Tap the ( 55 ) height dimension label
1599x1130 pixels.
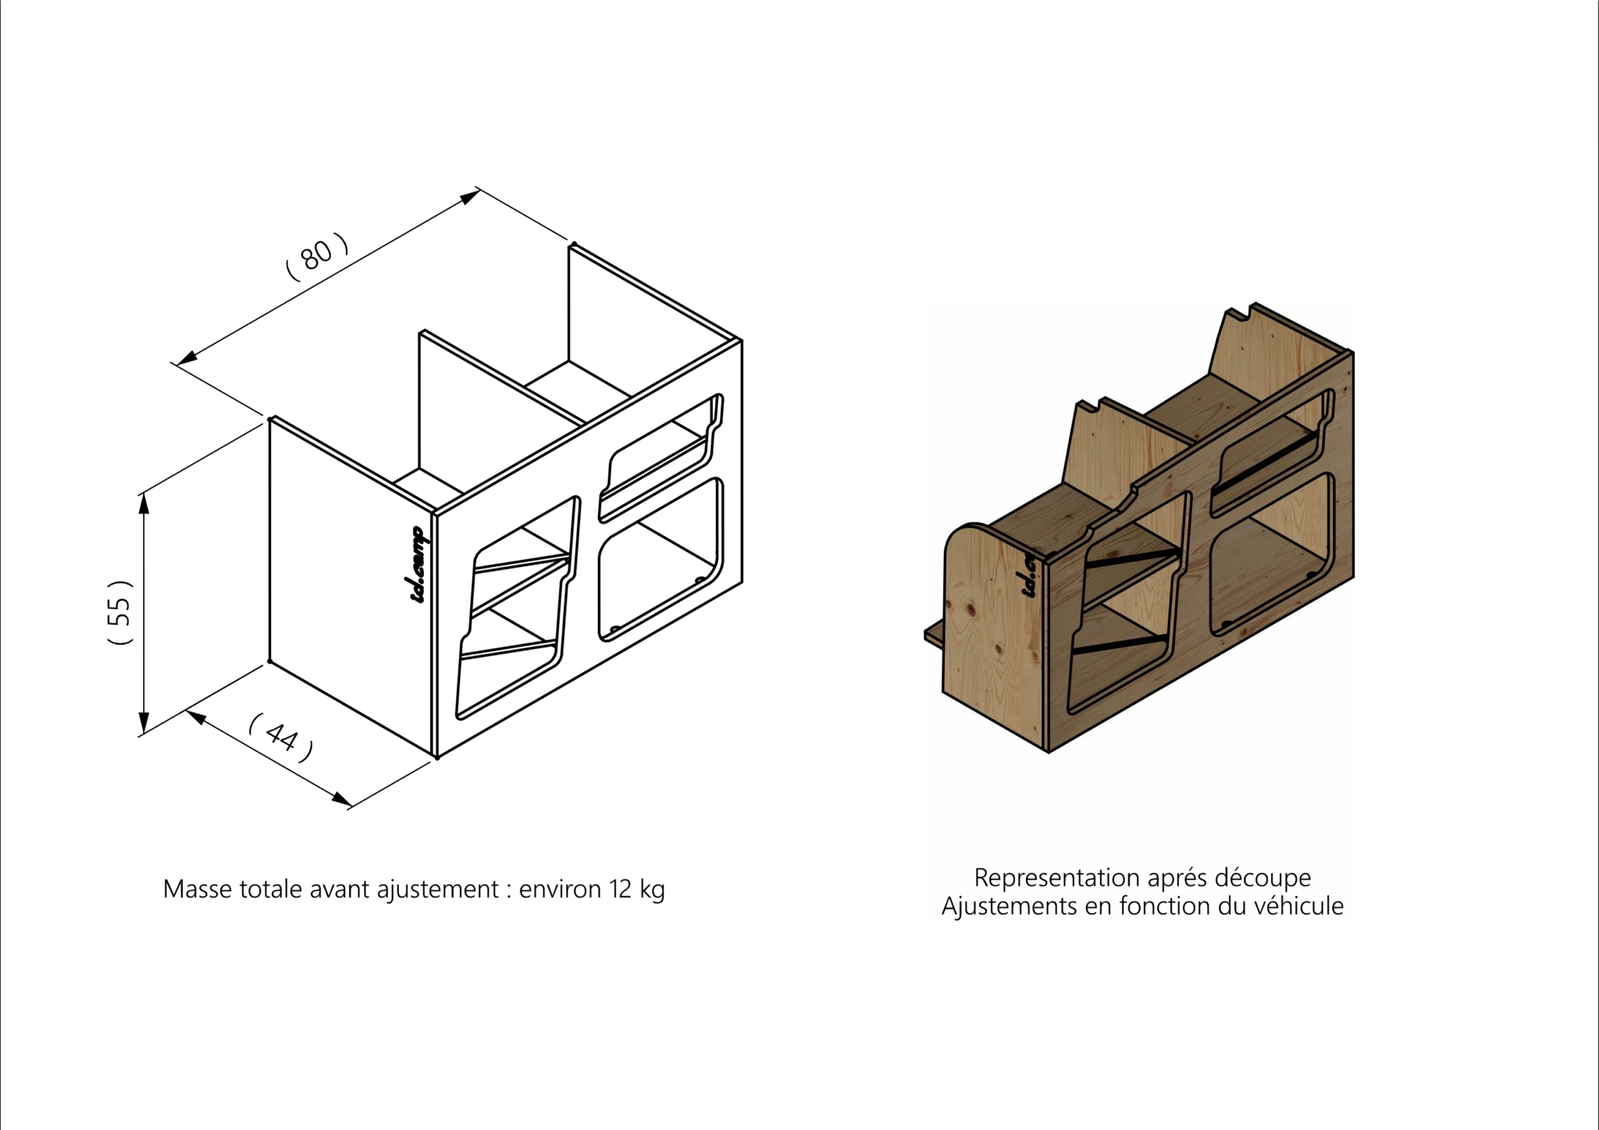[x=121, y=612]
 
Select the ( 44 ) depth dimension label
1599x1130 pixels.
[x=281, y=738]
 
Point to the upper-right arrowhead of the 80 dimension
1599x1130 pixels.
[x=470, y=198]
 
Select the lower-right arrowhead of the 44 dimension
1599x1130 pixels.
[x=342, y=799]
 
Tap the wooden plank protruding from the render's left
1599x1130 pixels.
[x=934, y=636]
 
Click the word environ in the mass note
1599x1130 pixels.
[x=560, y=889]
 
